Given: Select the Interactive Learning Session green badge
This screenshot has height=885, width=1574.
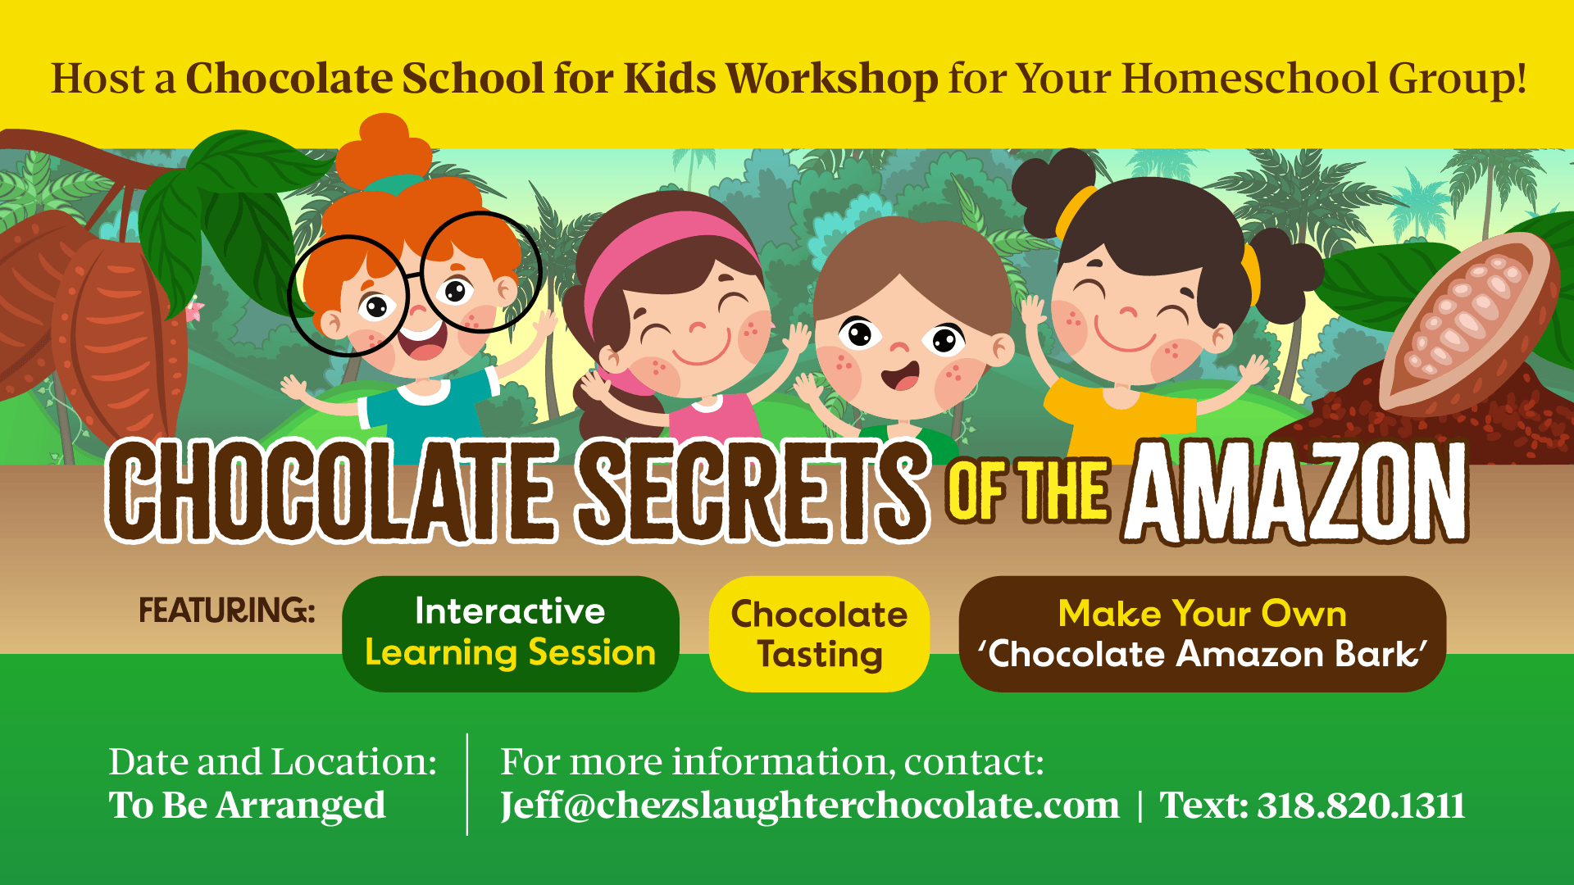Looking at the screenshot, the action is point(510,633).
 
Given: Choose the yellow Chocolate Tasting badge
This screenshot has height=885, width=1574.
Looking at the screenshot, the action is point(819,633).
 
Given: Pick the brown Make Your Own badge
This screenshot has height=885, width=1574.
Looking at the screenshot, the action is point(1202,633).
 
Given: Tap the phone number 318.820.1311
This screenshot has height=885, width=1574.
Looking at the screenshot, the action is point(1362,806).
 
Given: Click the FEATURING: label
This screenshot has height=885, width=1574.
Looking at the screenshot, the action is point(227,610).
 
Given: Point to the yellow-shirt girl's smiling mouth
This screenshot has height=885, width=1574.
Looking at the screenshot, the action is point(1125,338).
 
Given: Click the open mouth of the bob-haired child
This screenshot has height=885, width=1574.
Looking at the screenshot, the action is point(900,377).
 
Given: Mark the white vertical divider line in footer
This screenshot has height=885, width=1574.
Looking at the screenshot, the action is point(467,784).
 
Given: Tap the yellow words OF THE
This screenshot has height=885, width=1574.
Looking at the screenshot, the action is point(1028,491).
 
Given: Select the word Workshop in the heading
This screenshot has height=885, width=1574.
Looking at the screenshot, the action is point(832,79).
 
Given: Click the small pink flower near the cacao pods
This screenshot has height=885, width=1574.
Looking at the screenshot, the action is point(194,311).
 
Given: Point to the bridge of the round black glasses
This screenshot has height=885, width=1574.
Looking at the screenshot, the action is point(416,278).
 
